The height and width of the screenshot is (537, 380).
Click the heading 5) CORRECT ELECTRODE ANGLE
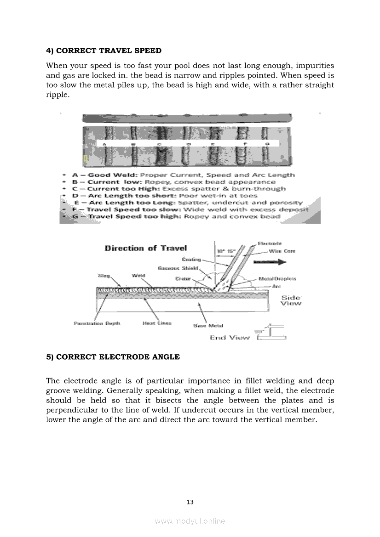113,357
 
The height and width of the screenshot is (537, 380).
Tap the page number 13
190,502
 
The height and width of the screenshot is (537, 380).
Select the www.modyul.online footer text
190,521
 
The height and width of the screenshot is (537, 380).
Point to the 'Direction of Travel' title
146,249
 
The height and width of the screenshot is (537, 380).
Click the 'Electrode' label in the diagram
270,243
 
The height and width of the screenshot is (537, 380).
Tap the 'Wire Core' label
282,251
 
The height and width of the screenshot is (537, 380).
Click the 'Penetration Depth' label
97,323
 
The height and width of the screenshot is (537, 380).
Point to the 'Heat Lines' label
157,323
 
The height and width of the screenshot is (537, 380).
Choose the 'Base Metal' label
208,326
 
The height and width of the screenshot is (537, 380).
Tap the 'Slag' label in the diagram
104,276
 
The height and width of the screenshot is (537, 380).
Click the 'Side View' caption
291,300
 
